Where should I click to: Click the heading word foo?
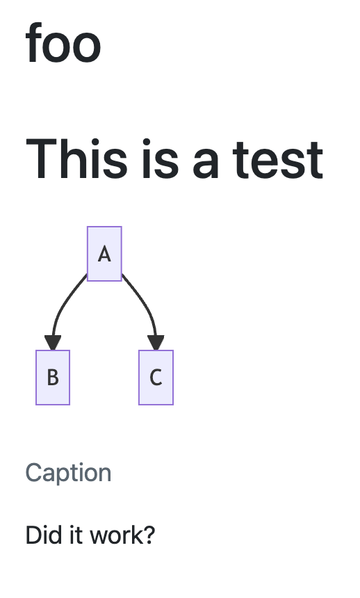[x=63, y=43]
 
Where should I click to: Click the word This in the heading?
[x=76, y=159]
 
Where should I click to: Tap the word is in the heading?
[x=161, y=159]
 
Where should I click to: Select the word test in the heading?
[x=278, y=160]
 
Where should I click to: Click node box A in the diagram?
[x=104, y=254]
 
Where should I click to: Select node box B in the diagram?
[x=53, y=377]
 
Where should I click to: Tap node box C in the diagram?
[x=156, y=377]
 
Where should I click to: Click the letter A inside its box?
[x=104, y=254]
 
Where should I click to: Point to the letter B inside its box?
[x=53, y=377]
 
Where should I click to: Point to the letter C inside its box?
[x=156, y=378]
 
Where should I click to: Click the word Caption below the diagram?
[x=68, y=474]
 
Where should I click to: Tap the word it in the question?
[x=76, y=535]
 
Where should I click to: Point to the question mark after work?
[x=147, y=535]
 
